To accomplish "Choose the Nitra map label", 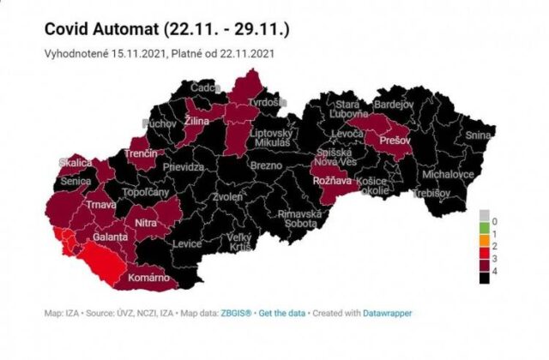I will tap(147, 224).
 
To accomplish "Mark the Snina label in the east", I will tap(479, 135).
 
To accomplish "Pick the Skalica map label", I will tap(75, 163).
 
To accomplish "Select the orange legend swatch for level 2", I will tap(484, 244).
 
